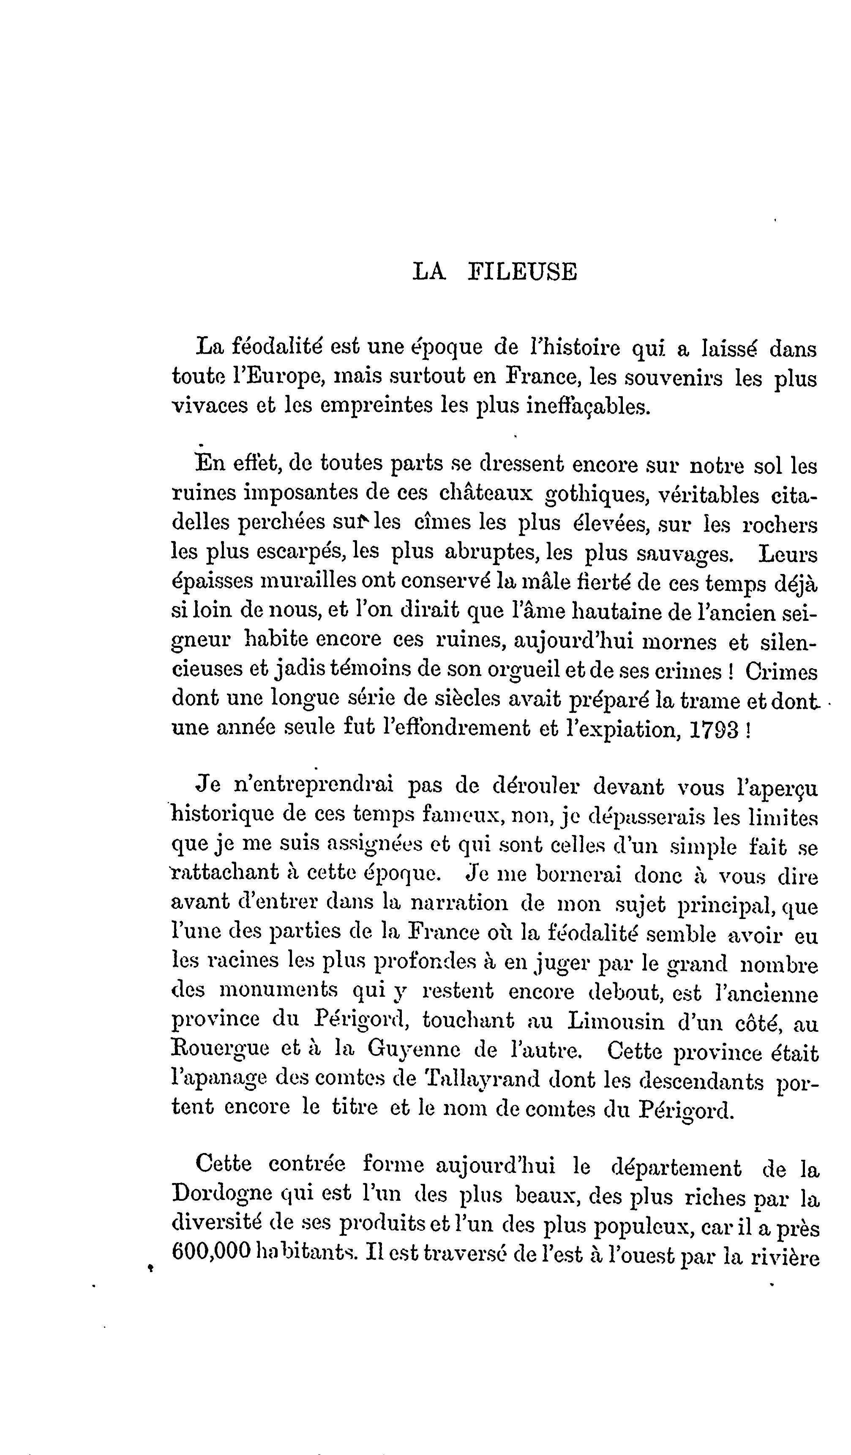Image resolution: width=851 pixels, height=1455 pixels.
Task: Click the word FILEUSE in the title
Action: pyautogui.click(x=522, y=272)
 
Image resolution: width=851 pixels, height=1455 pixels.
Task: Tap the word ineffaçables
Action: pyautogui.click(x=588, y=407)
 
